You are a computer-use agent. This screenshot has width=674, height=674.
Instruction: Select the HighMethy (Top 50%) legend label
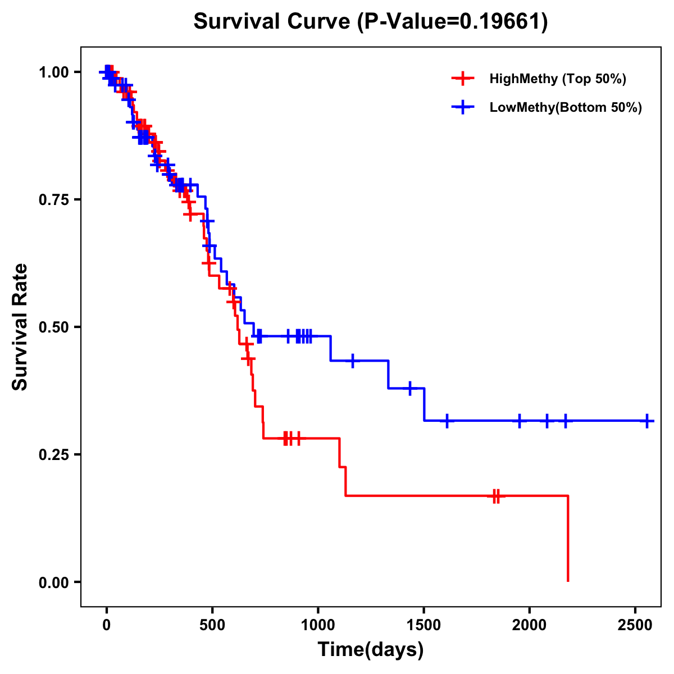(x=557, y=79)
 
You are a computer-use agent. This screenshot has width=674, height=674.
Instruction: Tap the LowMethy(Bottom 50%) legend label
(x=566, y=107)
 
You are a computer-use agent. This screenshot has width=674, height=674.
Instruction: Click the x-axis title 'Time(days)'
(x=371, y=650)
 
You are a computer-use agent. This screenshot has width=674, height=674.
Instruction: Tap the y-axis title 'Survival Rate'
(x=20, y=327)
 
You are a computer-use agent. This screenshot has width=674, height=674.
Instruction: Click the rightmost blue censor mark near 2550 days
(x=647, y=421)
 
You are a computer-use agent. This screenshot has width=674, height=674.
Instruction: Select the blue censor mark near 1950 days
(x=520, y=421)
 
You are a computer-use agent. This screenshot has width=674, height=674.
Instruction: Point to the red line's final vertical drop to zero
(x=568, y=539)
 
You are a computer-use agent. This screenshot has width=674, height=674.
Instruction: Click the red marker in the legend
(x=463, y=79)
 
